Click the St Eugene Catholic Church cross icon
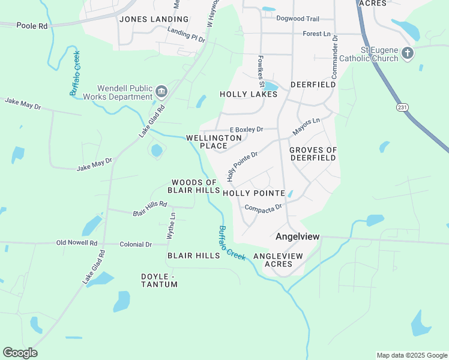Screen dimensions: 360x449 [x=407, y=53]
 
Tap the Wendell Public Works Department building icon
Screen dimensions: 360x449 [x=161, y=92]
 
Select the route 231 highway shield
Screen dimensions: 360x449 [x=402, y=106]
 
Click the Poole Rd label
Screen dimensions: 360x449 [x=31, y=26]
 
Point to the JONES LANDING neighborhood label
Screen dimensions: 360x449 [x=154, y=19]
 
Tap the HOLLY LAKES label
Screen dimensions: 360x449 [x=244, y=94]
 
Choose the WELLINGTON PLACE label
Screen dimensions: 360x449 [x=214, y=142]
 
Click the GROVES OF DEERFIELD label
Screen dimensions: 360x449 [x=313, y=154]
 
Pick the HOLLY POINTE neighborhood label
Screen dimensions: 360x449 [x=253, y=193]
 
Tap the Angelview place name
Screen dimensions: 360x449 [x=295, y=237]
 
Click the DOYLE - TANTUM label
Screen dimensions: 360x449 [x=159, y=280]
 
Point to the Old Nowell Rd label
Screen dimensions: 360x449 [x=76, y=243]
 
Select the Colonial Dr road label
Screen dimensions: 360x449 [x=136, y=244]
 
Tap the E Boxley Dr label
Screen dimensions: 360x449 [x=247, y=130]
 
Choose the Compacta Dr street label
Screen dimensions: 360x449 [x=263, y=208]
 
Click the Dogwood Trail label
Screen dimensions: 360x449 [x=298, y=18]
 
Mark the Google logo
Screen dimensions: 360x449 [x=20, y=353]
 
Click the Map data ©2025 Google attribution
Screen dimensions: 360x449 [x=411, y=355]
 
